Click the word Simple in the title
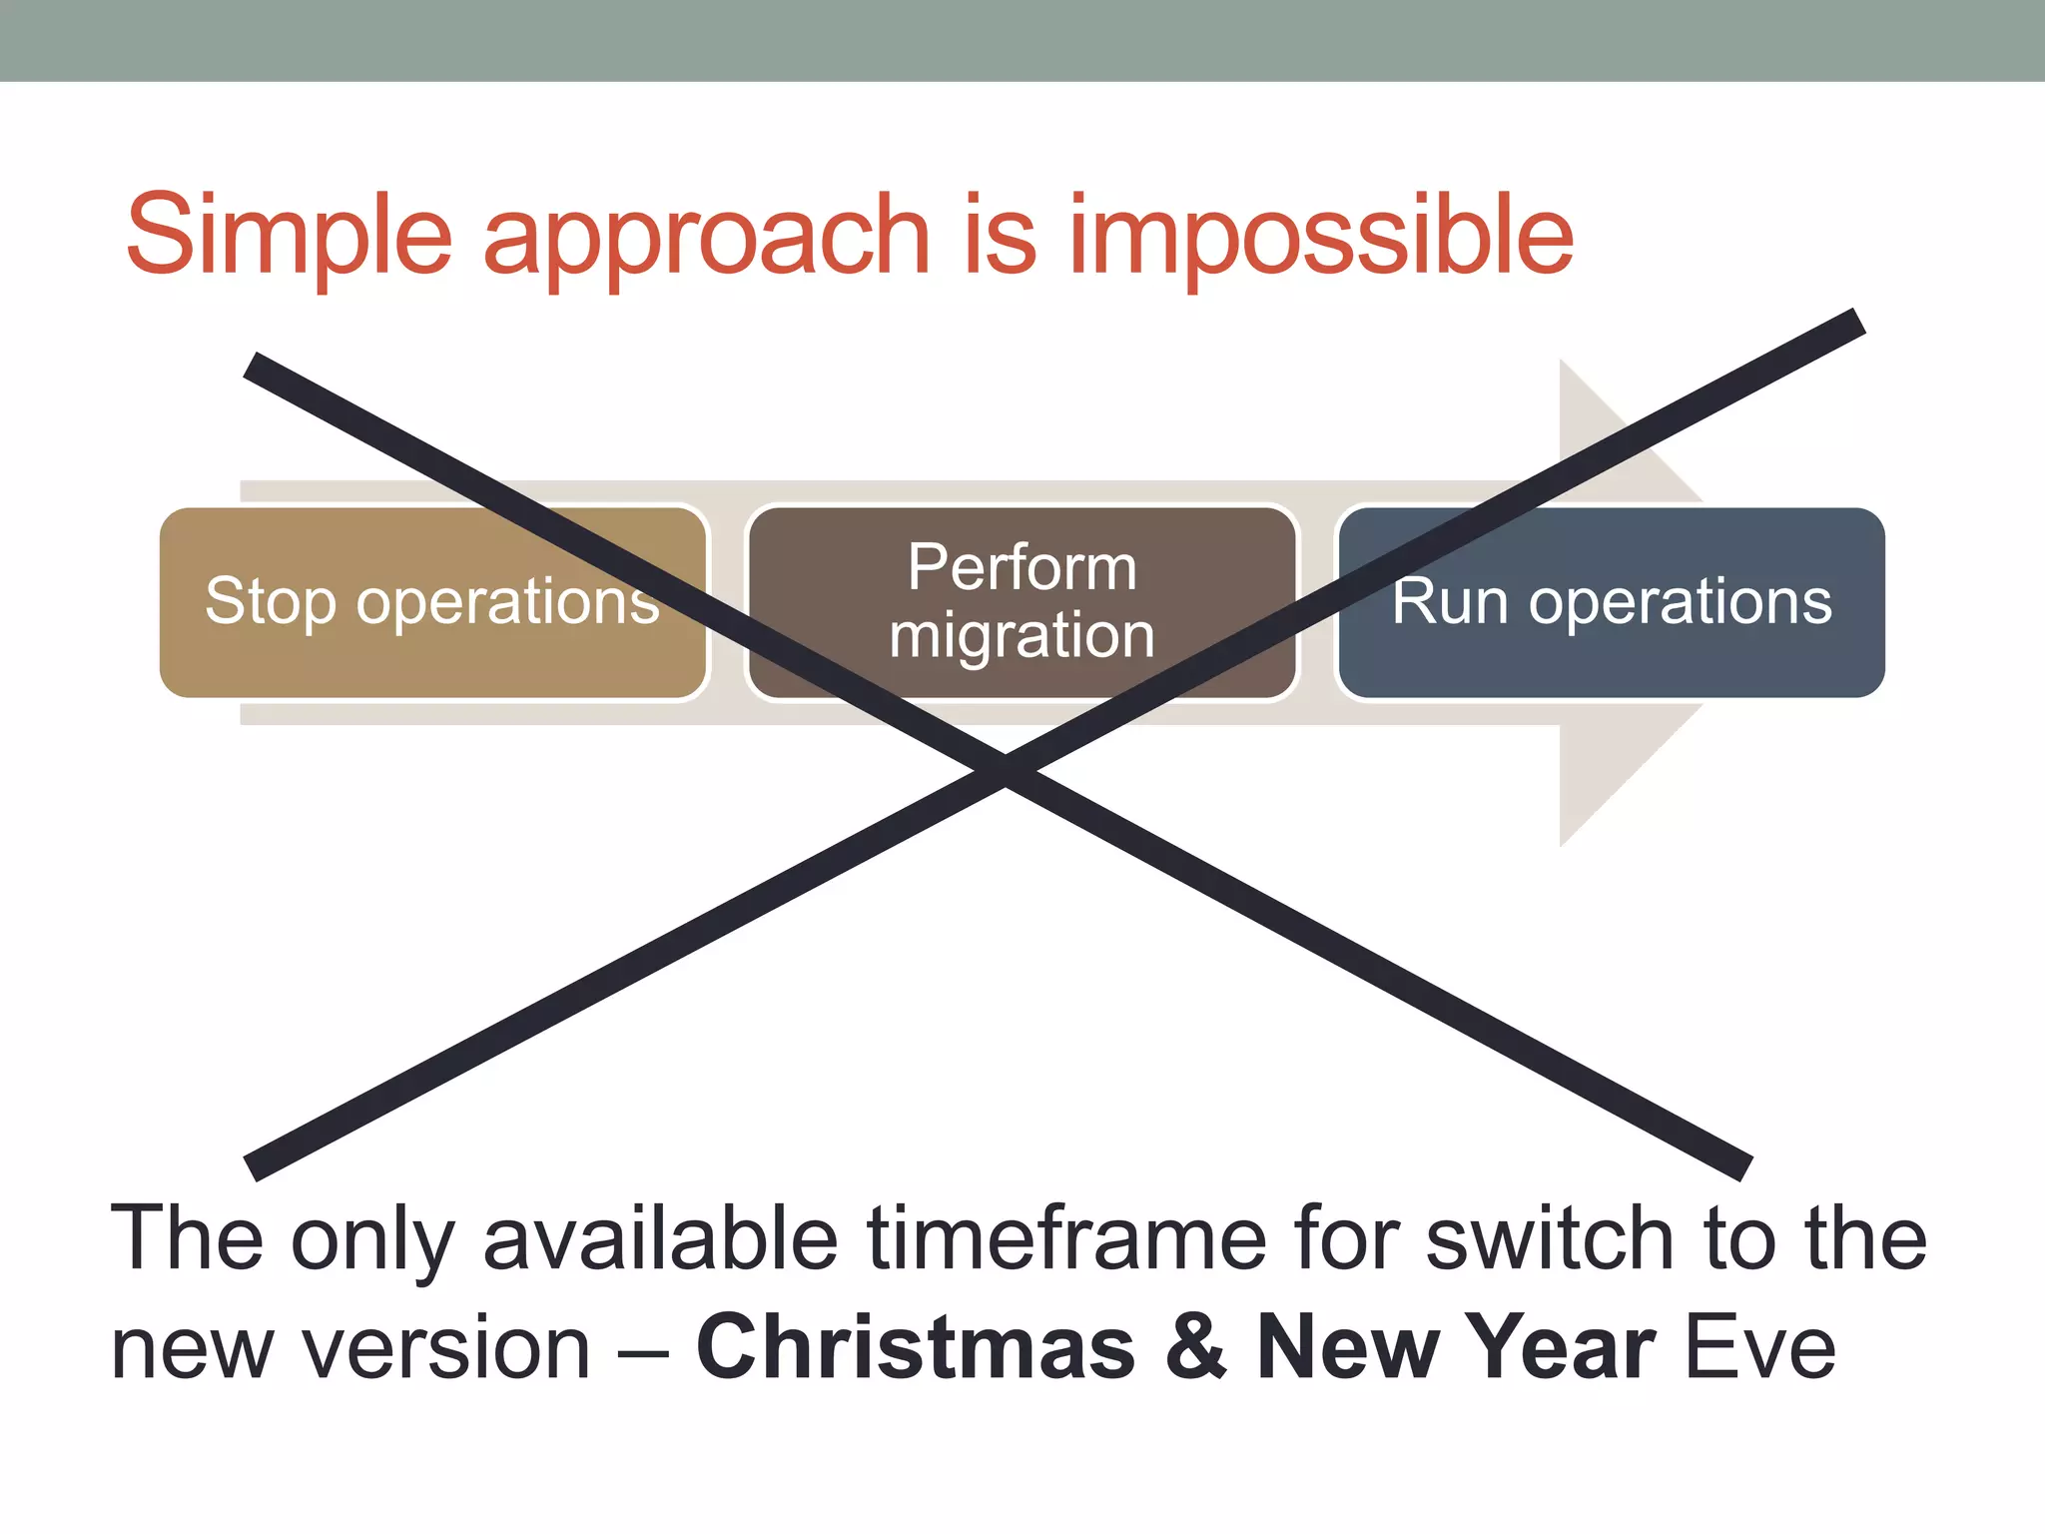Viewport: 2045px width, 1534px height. coord(290,235)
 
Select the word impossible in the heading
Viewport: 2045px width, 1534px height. coord(1320,238)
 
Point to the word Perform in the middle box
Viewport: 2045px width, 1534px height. coord(1021,567)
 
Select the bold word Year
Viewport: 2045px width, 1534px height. coord(1565,1348)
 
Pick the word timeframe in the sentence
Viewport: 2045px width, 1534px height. coord(1066,1238)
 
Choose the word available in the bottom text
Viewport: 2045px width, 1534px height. coord(660,1238)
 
